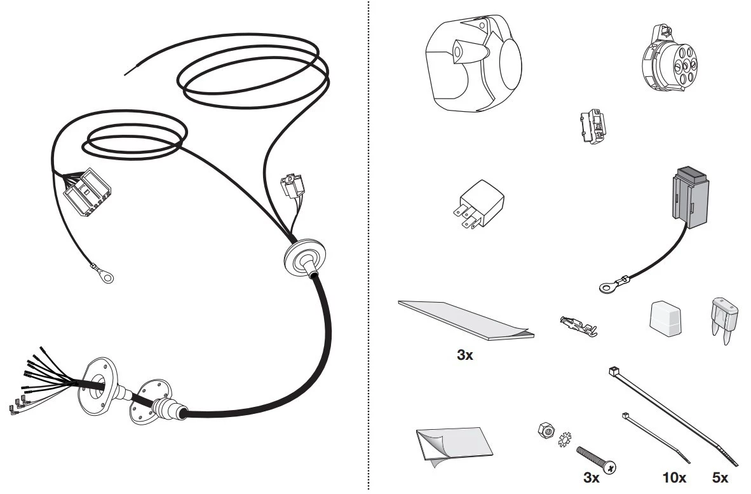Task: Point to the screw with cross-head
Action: pos(597,459)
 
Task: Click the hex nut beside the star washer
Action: pos(546,430)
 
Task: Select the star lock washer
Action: pos(565,439)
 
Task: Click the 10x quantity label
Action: pos(674,477)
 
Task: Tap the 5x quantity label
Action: pos(720,477)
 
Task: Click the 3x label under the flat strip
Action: pos(464,355)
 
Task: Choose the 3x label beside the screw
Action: pos(592,477)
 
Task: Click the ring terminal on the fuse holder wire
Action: pos(607,287)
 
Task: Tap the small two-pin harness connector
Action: pos(293,184)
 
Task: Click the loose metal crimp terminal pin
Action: pos(579,326)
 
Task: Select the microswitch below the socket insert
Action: pos(593,126)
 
